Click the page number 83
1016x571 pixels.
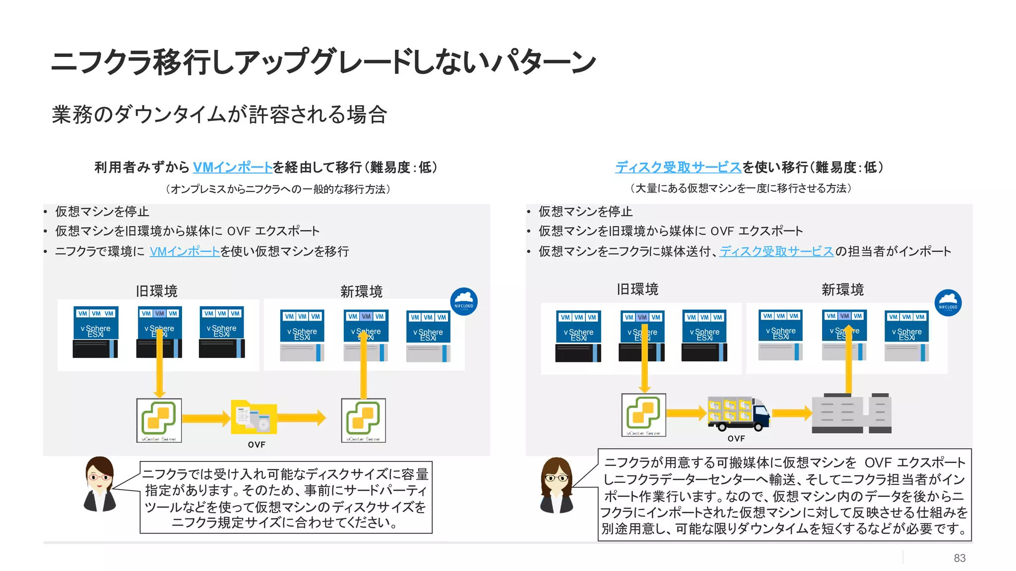pyautogui.click(x=959, y=558)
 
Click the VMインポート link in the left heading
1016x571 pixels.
pyautogui.click(x=232, y=168)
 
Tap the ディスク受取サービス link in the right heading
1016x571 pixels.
pyautogui.click(x=678, y=168)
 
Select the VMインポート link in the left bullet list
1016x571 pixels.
pyautogui.click(x=185, y=252)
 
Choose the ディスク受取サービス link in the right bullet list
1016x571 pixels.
pyautogui.click(x=776, y=252)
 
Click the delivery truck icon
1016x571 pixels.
pyautogui.click(x=738, y=413)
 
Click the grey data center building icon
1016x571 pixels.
pyautogui.click(x=851, y=413)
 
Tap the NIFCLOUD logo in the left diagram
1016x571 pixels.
pyautogui.click(x=464, y=301)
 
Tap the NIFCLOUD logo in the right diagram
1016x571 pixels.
pyautogui.click(x=948, y=303)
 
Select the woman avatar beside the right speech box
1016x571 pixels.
pyautogui.click(x=557, y=485)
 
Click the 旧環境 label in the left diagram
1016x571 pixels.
pyautogui.click(x=157, y=291)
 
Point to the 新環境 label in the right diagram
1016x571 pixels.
pyautogui.click(x=842, y=289)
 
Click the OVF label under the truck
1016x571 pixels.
pyautogui.click(x=736, y=439)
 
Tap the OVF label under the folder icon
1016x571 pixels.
pyautogui.click(x=256, y=445)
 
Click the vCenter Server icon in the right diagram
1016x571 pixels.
pyautogui.click(x=643, y=415)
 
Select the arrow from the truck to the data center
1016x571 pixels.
pyautogui.click(x=792, y=412)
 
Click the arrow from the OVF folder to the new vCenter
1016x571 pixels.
pyautogui.click(x=302, y=418)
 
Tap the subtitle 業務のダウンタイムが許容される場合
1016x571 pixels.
pyautogui.click(x=219, y=114)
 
